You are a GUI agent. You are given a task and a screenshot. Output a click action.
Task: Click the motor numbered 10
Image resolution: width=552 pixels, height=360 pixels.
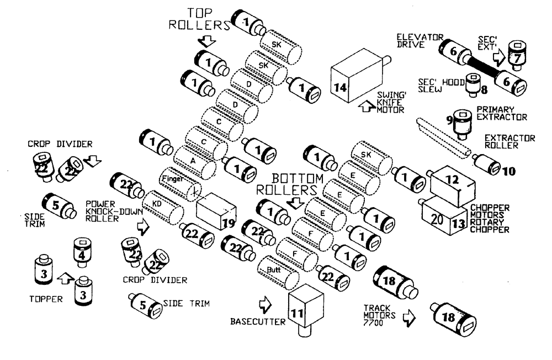coord(490,165)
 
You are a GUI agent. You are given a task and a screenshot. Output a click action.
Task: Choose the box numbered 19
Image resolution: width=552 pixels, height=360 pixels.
coord(216,210)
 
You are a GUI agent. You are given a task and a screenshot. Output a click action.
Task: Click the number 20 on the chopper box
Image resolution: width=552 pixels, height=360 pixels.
coord(436,219)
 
